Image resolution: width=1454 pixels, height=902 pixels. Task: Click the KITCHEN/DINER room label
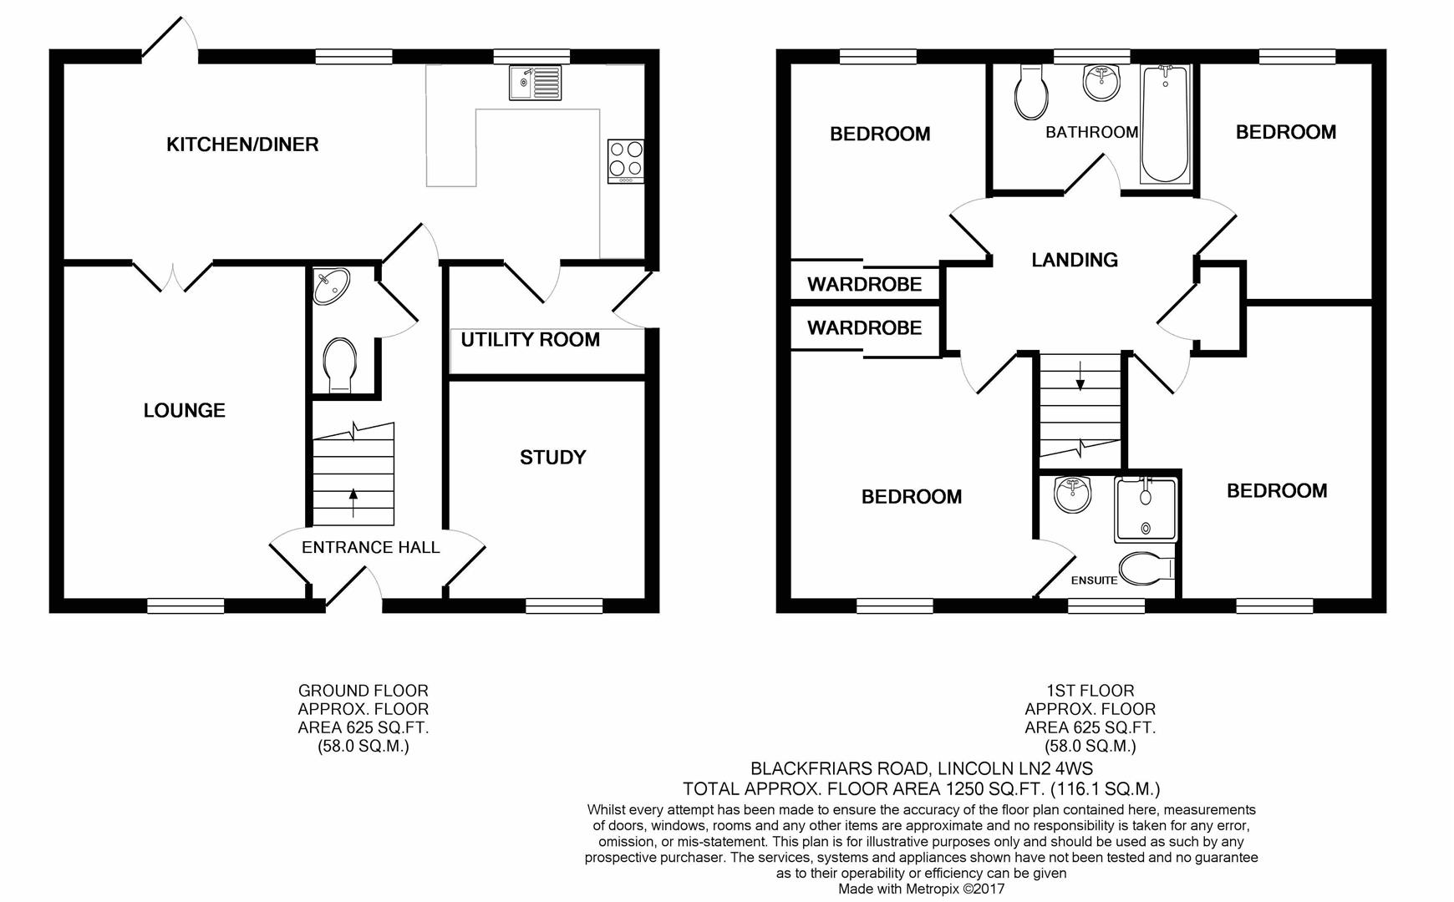point(242,144)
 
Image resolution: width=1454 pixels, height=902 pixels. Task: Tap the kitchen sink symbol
point(535,83)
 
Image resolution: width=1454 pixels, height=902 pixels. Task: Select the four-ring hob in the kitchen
point(626,160)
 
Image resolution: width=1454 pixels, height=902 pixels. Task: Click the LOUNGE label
point(184,410)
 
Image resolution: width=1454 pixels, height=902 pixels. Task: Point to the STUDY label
point(552,457)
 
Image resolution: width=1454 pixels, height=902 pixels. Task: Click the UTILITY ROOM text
point(530,340)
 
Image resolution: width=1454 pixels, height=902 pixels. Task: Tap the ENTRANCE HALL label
point(370,547)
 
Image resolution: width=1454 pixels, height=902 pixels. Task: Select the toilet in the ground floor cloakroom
point(340,363)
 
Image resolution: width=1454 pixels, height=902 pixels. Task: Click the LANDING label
point(1074,260)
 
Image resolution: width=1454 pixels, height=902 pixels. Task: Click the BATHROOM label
point(1091,132)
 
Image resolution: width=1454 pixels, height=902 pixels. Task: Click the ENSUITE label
point(1094,580)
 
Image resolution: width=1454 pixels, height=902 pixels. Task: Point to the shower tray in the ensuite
point(1145,509)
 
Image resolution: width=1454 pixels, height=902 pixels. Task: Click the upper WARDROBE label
point(864,284)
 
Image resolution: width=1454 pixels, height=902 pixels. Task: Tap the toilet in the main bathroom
point(1031,93)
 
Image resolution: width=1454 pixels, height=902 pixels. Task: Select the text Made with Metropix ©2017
point(921,889)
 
